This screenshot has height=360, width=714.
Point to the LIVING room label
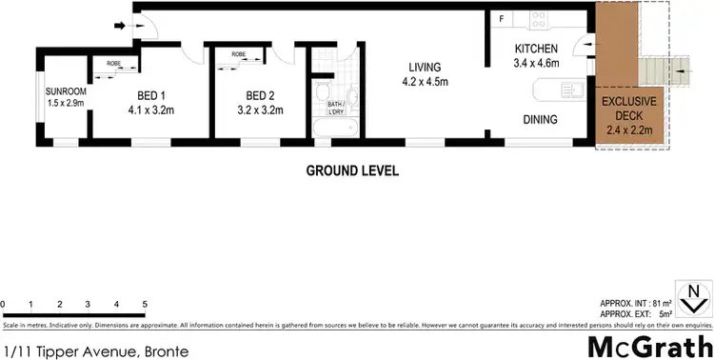[x=425, y=74]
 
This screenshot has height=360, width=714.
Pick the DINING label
[x=540, y=119]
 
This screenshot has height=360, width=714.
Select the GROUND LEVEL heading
[x=351, y=171]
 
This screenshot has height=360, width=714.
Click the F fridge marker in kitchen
[x=502, y=19]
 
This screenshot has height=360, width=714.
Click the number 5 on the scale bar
[x=144, y=305]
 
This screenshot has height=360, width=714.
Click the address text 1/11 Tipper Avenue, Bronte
[x=94, y=350]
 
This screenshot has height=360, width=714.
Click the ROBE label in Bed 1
[x=113, y=64]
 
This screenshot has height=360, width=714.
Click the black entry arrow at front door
[x=121, y=25]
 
